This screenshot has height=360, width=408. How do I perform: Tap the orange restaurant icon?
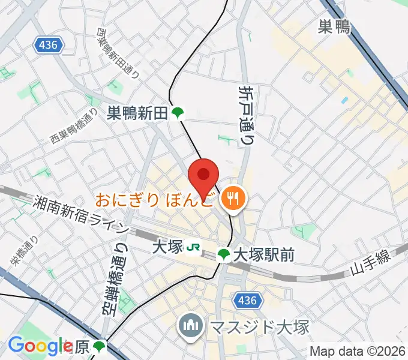[232, 199]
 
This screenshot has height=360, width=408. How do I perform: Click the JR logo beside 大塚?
[193, 247]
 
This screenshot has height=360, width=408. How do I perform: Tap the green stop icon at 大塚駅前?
[224, 255]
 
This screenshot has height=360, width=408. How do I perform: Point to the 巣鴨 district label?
[334, 26]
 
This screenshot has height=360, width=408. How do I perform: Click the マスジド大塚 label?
[259, 327]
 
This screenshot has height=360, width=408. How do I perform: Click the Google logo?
[40, 346]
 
